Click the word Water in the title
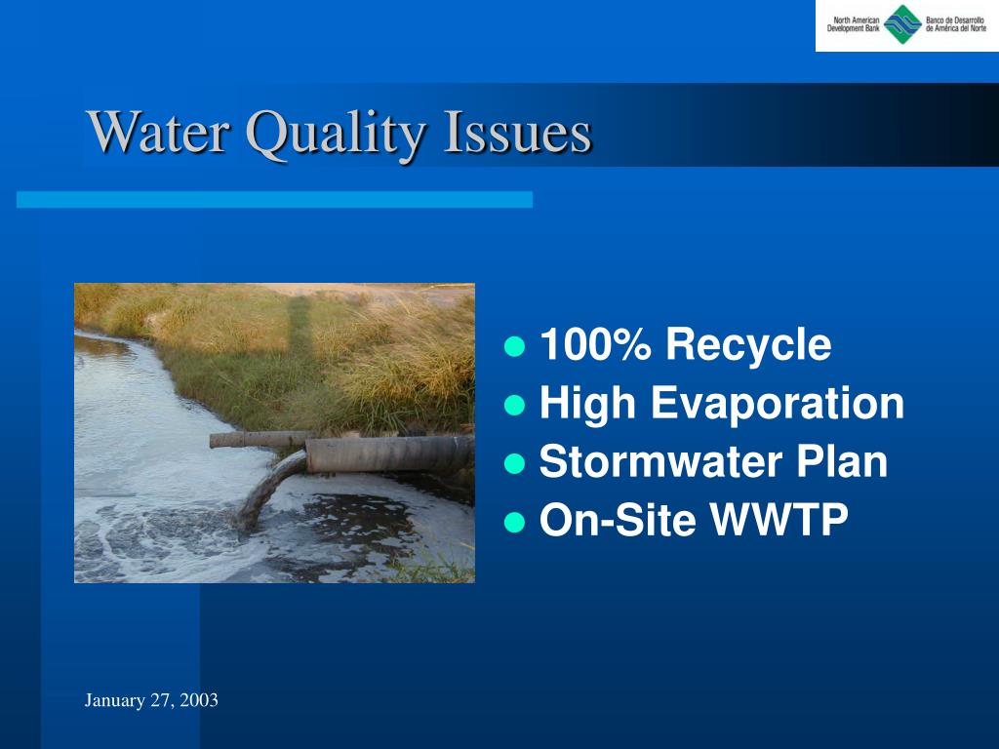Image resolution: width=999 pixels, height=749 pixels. pos(159,132)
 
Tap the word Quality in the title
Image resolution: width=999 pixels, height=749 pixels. pos(336,134)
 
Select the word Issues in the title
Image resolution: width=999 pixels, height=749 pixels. pos(518,132)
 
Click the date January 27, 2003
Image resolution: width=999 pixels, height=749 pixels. pos(151,700)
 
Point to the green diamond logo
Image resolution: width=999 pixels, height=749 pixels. pos(902,24)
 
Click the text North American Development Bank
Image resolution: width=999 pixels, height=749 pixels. pos(853,24)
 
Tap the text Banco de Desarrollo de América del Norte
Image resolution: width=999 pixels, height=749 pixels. pos(956,24)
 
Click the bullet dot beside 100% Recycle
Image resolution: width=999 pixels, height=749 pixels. pos(514,346)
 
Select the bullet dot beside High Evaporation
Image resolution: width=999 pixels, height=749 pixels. pos(514,405)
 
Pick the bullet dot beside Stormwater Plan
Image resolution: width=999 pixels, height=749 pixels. pos(514,463)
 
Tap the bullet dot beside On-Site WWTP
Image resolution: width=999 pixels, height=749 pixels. pos(514,522)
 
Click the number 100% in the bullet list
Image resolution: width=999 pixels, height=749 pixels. pos(596,344)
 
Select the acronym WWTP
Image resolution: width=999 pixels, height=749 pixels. pos(779,520)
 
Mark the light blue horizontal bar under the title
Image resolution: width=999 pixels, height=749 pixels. pos(274,199)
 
